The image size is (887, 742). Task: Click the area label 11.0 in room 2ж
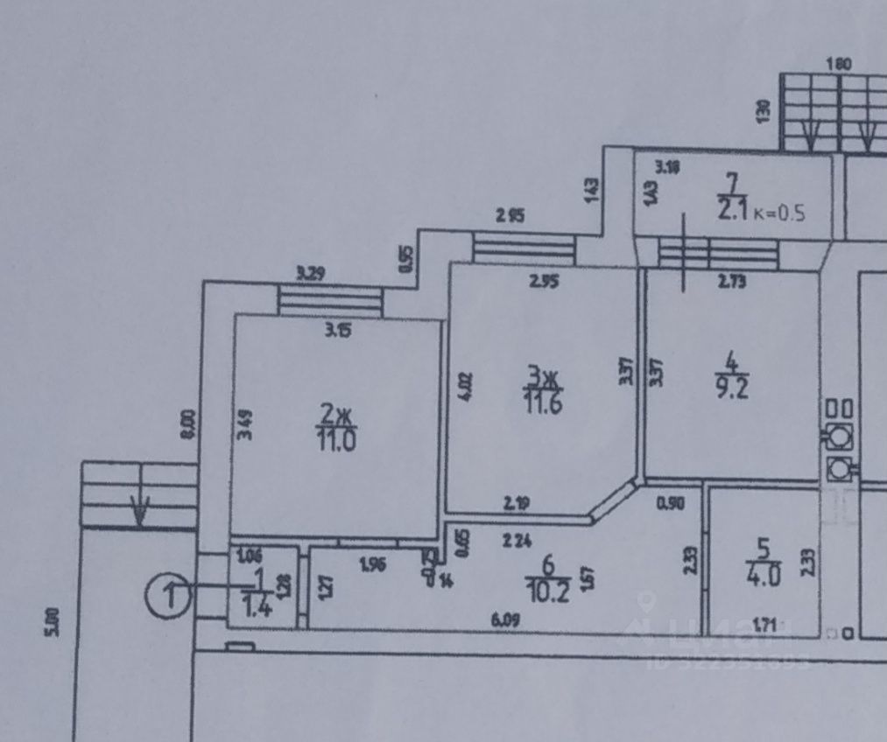[x=338, y=437]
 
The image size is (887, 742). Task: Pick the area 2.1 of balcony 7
[x=731, y=210]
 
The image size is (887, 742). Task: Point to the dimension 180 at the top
[x=840, y=64]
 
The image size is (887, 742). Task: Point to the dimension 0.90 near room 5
[x=670, y=503]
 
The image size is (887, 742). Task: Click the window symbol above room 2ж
[x=330, y=301]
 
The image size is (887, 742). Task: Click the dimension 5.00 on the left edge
[x=54, y=620]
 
